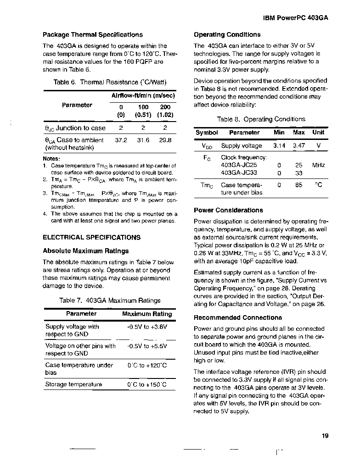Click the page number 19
point(325,436)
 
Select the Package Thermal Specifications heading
point(93,34)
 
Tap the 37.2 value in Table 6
point(121,140)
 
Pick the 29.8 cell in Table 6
point(165,140)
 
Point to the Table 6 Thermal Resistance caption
point(110,82)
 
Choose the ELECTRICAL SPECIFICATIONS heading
point(91,238)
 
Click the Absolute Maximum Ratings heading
point(86,251)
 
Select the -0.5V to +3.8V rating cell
point(147,327)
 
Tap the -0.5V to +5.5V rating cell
point(147,346)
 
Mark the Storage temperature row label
point(73,384)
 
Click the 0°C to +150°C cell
point(147,384)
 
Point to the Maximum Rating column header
point(147,314)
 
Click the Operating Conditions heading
point(227,34)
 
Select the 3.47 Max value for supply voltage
point(299,146)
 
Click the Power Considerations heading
point(228,211)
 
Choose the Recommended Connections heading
point(238,317)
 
